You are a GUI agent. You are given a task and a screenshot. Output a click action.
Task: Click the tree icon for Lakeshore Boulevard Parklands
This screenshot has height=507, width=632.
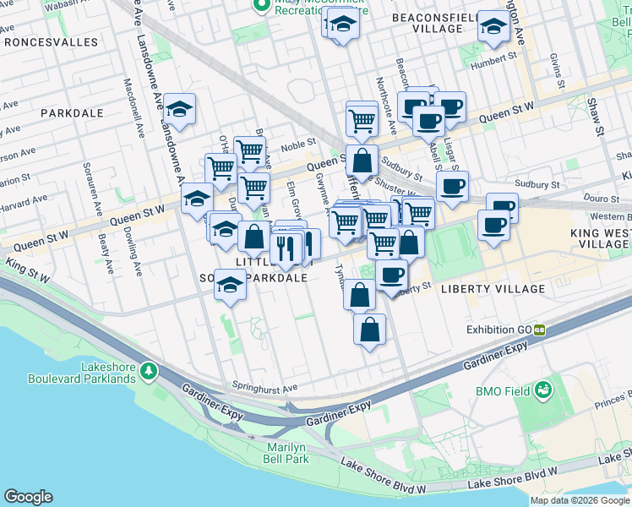[150, 370]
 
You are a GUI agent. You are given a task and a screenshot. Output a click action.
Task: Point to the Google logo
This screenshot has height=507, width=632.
[28, 497]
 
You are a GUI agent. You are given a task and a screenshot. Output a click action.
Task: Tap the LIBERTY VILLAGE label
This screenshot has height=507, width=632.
[493, 289]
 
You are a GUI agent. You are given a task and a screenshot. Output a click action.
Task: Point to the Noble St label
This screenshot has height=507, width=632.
[298, 144]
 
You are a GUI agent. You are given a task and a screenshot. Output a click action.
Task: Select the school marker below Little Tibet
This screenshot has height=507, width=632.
[230, 286]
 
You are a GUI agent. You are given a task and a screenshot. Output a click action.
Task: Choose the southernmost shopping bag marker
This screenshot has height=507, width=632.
[369, 330]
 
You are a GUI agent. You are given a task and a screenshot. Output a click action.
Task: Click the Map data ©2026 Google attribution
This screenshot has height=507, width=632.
[580, 500]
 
